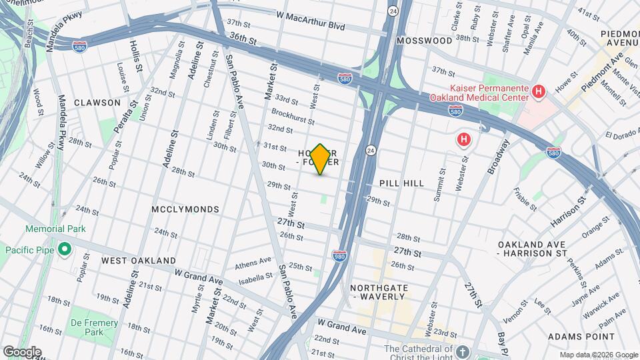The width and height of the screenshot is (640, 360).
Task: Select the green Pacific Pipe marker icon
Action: point(65,249)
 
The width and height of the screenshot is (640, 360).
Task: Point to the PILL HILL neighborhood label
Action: point(401,183)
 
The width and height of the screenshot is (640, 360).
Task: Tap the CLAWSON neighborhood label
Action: point(97,103)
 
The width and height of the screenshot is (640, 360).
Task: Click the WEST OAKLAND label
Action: point(139,260)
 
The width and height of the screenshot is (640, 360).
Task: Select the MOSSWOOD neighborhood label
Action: point(424,41)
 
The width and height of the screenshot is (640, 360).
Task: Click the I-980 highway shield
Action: point(339,255)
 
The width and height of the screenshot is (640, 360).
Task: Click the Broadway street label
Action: point(497,157)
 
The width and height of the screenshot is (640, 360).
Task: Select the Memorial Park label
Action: point(56,229)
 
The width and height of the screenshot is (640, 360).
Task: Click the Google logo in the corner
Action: point(22,351)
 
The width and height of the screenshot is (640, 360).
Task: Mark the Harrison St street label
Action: point(569,210)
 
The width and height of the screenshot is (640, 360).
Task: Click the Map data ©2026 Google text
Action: point(598,355)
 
